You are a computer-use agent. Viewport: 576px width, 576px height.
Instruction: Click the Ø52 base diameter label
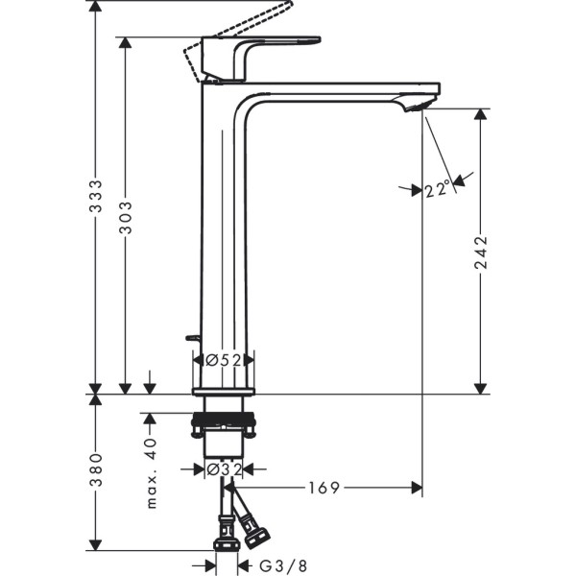[223, 359]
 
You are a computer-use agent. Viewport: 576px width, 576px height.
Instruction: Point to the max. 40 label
[150, 472]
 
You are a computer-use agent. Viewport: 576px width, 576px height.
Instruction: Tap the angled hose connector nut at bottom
[256, 529]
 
